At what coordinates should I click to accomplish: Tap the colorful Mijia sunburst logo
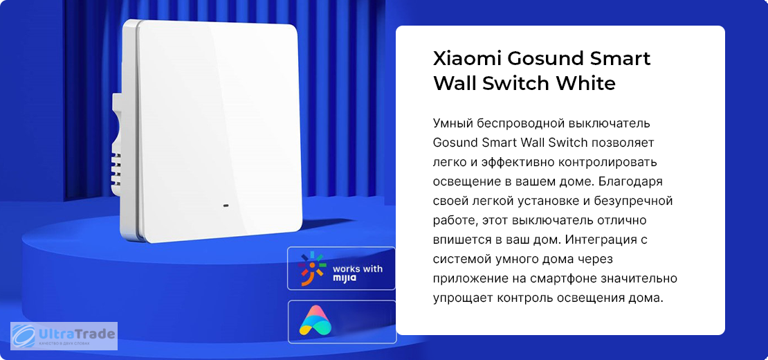[x=312, y=269]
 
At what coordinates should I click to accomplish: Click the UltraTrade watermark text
[x=76, y=334]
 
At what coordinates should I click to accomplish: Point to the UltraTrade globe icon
[x=24, y=336]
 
